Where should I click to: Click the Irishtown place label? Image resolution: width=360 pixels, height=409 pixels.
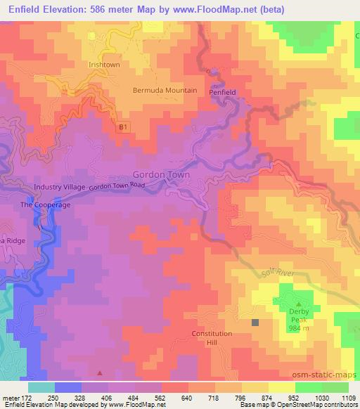[105, 64]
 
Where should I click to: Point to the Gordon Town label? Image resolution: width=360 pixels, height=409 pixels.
[157, 174]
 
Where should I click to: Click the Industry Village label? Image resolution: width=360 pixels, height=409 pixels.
[59, 188]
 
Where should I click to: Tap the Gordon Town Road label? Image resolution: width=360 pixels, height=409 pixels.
[116, 187]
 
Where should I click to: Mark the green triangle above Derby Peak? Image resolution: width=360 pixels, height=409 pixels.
[298, 303]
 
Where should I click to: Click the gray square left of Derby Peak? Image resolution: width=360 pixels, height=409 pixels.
[255, 323]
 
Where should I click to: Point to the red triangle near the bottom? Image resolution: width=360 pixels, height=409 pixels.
[99, 373]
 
